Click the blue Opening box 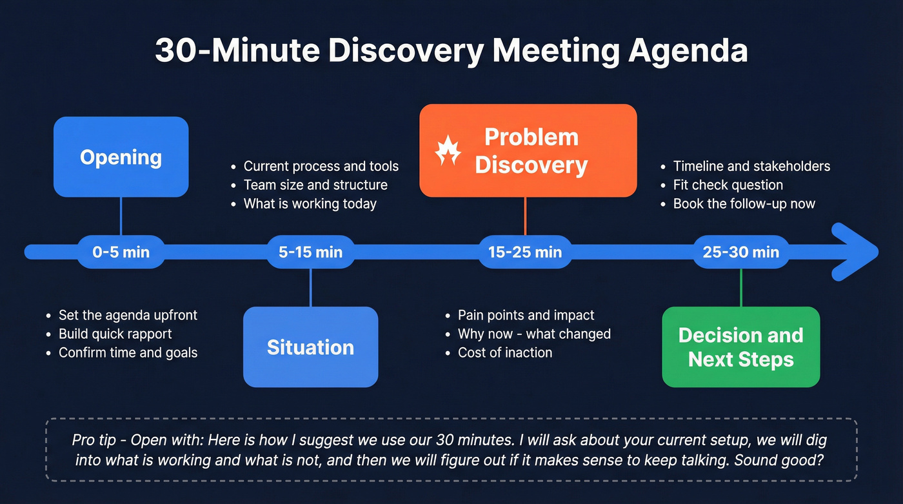pos(121,157)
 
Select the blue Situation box pos(310,347)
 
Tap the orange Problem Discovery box pos(528,150)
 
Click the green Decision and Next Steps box pos(740,347)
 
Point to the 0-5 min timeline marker pos(121,252)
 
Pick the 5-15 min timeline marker pos(310,252)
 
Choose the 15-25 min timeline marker pos(524,252)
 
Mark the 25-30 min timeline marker pos(740,252)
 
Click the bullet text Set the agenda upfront pos(128,315)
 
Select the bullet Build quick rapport pos(115,334)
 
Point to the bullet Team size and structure pos(315,185)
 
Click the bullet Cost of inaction pos(505,352)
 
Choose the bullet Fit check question pos(728,185)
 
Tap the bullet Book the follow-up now pos(744,204)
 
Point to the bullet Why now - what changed pos(534,334)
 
